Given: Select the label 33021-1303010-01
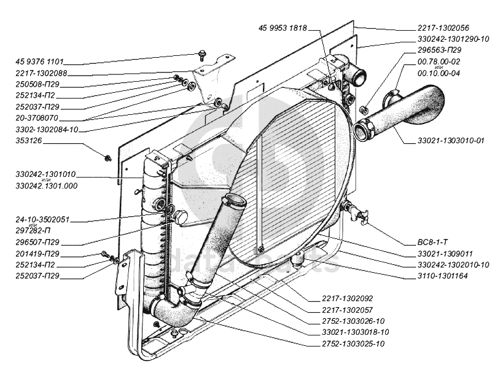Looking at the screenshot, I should pos(445,141).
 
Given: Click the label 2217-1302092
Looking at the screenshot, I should pos(347,299).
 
